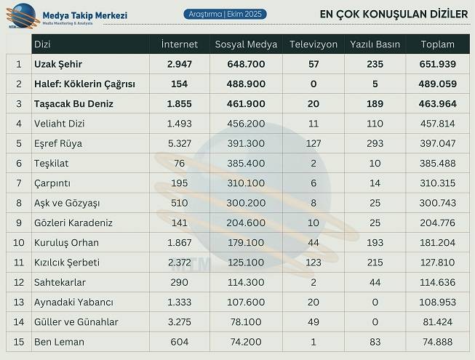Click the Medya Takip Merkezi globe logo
point(20,15)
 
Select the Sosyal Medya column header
point(246,44)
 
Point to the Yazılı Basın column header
point(375,44)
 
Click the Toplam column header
point(437,44)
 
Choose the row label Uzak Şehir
point(58,64)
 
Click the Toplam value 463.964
point(438,104)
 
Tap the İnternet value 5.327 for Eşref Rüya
point(179,143)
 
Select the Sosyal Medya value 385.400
point(246,164)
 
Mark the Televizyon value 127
point(314,143)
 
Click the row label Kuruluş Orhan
point(66,242)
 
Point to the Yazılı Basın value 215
point(375,263)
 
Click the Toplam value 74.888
point(438,342)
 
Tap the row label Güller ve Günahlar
point(76,321)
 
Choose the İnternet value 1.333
point(179,302)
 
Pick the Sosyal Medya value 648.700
point(246,64)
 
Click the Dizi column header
point(42,44)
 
